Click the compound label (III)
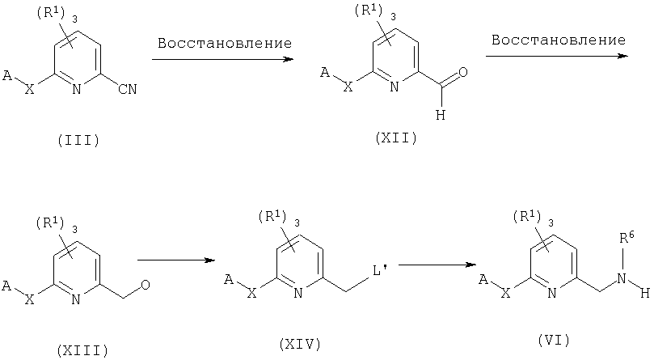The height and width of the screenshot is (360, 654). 79,140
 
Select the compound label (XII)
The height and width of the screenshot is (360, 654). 396,138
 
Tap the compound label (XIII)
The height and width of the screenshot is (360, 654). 82,349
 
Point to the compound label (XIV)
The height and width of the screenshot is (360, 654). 300,344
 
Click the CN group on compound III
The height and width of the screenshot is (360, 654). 128,89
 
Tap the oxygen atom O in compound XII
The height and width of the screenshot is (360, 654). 463,72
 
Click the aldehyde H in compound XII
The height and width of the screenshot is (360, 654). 441,115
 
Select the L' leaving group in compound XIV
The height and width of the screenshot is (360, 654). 380,271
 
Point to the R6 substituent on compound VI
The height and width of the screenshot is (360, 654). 627,239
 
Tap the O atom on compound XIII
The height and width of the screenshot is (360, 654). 146,286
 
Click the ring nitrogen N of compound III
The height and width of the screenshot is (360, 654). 76,89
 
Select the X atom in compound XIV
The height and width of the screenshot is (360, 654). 251,294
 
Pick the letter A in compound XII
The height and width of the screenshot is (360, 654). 325,74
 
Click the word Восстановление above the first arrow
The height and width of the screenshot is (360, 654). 225,43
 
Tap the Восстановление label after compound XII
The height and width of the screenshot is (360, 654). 559,40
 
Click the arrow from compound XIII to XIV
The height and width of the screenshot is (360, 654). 176,260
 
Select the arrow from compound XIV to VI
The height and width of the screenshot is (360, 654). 437,265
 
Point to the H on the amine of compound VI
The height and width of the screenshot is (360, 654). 645,294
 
